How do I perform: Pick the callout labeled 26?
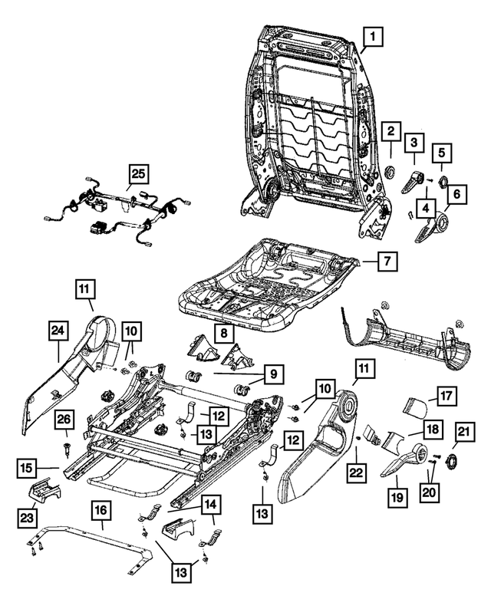65,420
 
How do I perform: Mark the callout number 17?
445,397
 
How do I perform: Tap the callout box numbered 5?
443,151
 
